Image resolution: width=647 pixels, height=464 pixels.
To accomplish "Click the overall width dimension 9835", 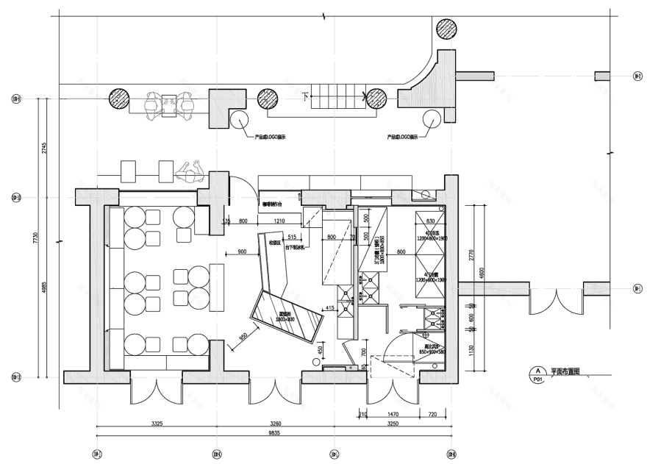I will click(274, 433).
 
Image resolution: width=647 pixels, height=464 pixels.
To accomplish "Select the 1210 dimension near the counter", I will click(279, 221).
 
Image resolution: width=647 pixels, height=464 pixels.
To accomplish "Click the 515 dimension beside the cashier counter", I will click(292, 237).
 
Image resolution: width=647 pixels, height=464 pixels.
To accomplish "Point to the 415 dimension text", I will click(329, 307).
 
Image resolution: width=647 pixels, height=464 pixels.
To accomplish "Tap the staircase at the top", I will click(337, 96).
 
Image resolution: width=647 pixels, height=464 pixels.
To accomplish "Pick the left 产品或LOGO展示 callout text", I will click(270, 137).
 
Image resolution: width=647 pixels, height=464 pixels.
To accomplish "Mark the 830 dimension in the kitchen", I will click(431, 221).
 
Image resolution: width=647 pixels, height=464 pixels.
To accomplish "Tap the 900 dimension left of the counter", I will click(243, 252).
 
